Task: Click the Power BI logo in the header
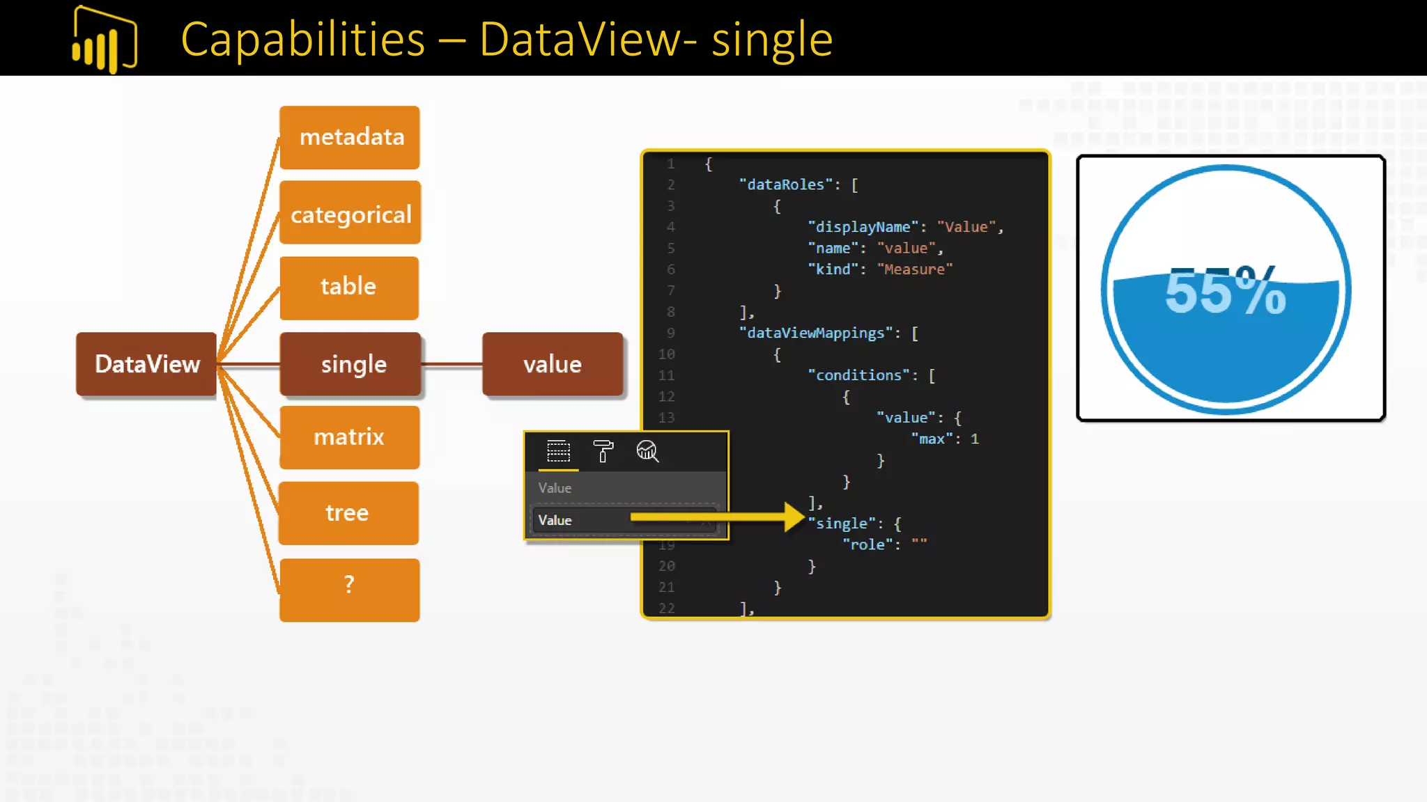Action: (x=105, y=40)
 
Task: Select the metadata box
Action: (x=350, y=137)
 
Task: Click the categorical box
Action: (x=350, y=213)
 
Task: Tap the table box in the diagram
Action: (x=349, y=288)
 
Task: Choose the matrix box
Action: (x=349, y=437)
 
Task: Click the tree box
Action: (x=348, y=513)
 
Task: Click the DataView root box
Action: (x=146, y=364)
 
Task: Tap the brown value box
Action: (x=553, y=364)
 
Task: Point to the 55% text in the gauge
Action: (x=1225, y=292)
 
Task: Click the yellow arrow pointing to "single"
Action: (x=718, y=517)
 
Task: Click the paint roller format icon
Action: (x=603, y=451)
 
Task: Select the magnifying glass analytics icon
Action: (x=647, y=451)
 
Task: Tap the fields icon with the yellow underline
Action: (x=558, y=451)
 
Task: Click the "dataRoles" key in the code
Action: (x=786, y=185)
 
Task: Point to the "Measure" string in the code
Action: (x=914, y=269)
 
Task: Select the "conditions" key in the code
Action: (x=858, y=376)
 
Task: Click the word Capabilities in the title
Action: (x=302, y=40)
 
